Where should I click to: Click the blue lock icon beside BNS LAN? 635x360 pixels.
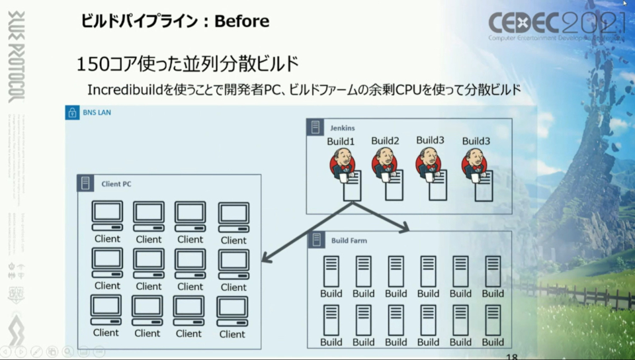coord(72,112)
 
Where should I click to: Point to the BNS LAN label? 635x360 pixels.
coord(97,112)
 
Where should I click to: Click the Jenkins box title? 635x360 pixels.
coord(343,127)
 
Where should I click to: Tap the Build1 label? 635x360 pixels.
coord(341,142)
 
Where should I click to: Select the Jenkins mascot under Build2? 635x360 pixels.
coord(384,163)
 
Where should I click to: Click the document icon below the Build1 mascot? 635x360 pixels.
coord(352,186)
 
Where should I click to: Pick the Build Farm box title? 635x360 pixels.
coord(349,240)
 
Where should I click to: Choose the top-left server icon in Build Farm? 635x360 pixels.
coord(331,271)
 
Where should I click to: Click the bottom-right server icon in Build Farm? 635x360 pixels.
coord(493,320)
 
